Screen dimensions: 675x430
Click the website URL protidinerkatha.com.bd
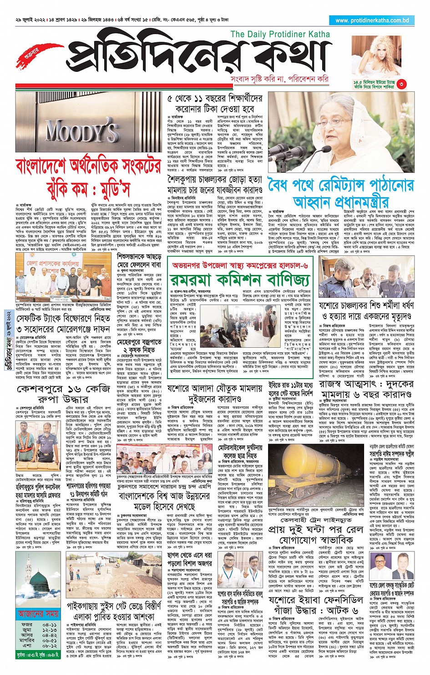372,20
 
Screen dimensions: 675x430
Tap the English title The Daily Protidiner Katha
280,34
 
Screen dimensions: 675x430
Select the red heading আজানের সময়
38,614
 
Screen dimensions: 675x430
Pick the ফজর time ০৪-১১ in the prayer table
50,625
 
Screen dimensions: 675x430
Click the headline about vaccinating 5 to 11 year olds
215,104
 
